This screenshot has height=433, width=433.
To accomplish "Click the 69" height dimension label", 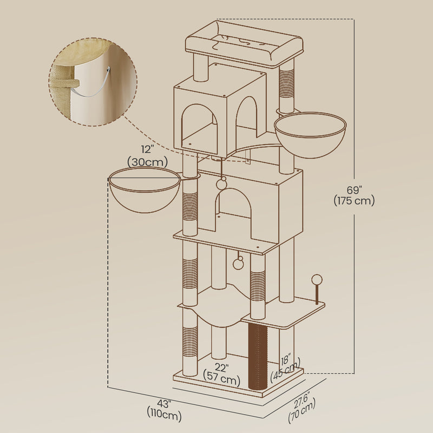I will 354,189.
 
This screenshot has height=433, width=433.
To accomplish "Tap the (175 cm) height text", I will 354,200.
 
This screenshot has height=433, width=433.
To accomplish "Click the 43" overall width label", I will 164,404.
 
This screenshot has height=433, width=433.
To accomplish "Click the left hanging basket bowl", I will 144,192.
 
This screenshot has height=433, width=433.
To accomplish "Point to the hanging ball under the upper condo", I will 222,183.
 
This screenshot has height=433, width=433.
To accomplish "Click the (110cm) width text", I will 164,415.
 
